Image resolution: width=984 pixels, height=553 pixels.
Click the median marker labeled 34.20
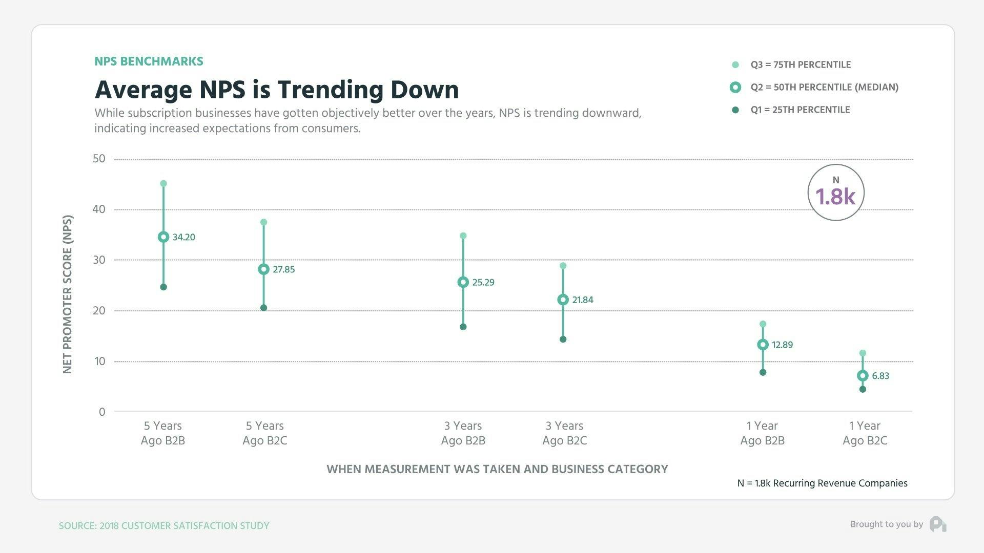pyautogui.click(x=163, y=237)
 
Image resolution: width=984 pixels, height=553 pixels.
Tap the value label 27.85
pyautogui.click(x=283, y=269)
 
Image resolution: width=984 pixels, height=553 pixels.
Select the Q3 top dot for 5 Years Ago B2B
pyautogui.click(x=163, y=184)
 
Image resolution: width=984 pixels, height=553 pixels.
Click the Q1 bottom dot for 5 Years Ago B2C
pyautogui.click(x=263, y=308)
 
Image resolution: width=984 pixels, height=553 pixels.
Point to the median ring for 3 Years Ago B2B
pyautogui.click(x=463, y=282)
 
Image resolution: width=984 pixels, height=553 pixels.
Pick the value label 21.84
pyautogui.click(x=583, y=300)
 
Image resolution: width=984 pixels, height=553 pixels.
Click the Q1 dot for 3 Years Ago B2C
pyautogui.click(x=563, y=339)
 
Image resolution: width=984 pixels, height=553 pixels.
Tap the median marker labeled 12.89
pyautogui.click(x=763, y=345)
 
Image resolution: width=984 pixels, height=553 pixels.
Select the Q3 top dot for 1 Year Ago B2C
pyautogui.click(x=863, y=353)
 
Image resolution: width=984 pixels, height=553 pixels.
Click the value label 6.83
pyautogui.click(x=880, y=376)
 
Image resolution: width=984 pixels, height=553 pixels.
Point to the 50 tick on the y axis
pyautogui.click(x=99, y=159)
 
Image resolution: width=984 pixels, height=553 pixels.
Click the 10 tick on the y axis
pyautogui.click(x=99, y=361)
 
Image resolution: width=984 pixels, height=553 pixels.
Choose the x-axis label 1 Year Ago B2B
pyautogui.click(x=762, y=433)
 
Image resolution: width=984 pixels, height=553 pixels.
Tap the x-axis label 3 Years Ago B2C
pyautogui.click(x=564, y=433)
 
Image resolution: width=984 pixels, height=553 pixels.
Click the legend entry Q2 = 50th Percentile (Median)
pyautogui.click(x=824, y=87)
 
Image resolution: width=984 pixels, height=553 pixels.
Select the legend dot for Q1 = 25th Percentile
pyautogui.click(x=735, y=110)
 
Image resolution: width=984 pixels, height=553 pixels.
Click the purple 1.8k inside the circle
pyautogui.click(x=835, y=197)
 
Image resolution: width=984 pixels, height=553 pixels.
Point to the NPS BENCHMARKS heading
pyautogui.click(x=149, y=61)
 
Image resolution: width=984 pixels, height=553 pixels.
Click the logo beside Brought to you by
pyautogui.click(x=938, y=524)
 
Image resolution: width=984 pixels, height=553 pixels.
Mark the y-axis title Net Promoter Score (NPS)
pyautogui.click(x=68, y=294)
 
